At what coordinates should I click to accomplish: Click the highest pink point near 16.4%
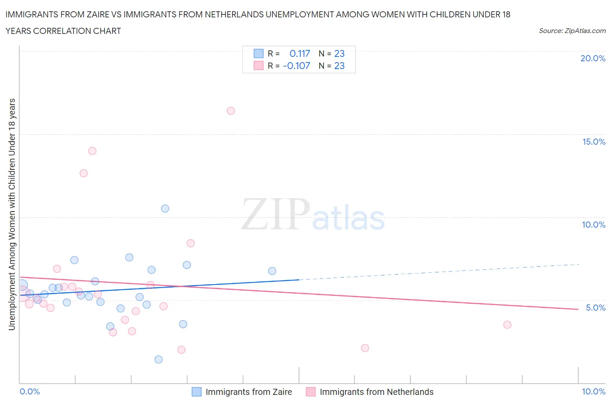(x=231, y=111)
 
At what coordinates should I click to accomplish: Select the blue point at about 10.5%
(x=165, y=209)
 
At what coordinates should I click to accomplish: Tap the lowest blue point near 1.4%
(x=159, y=359)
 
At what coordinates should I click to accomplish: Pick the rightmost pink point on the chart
(x=507, y=325)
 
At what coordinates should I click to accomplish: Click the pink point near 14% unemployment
(x=92, y=151)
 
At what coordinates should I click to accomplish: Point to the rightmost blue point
(x=272, y=271)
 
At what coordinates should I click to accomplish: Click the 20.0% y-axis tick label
(x=593, y=58)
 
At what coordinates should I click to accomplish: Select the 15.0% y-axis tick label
(x=594, y=142)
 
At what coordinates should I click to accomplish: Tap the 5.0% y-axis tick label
(x=595, y=308)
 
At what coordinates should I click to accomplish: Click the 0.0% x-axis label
(x=30, y=391)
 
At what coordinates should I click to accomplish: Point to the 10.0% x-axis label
(x=594, y=391)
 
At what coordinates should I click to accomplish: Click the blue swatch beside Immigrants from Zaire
(x=196, y=392)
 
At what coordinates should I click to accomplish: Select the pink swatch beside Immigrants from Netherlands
(x=311, y=392)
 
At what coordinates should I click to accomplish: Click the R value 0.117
(x=299, y=53)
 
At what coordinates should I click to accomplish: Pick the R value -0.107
(x=296, y=66)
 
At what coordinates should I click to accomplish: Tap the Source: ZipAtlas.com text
(x=572, y=30)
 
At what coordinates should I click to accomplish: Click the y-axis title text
(x=12, y=214)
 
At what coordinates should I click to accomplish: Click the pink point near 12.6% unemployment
(x=83, y=173)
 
